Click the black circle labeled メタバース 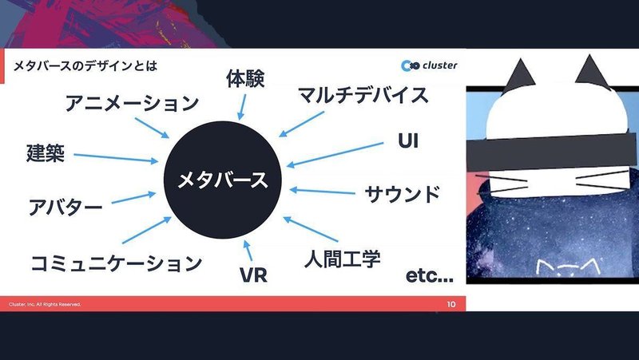click(223, 180)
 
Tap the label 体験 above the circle click(245, 78)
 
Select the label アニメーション click(132, 103)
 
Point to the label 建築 click(46, 153)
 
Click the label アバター click(65, 208)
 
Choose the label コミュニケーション click(117, 263)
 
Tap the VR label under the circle click(253, 275)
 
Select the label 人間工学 click(343, 259)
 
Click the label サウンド click(403, 194)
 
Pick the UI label click(408, 141)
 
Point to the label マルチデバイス click(363, 95)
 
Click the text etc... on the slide click(430, 275)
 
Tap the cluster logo click(429, 65)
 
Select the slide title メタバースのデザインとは click(85, 65)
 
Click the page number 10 click(451, 304)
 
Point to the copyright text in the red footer click(45, 304)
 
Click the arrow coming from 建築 click(116, 158)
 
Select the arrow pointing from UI click(335, 154)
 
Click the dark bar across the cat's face click(551, 152)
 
